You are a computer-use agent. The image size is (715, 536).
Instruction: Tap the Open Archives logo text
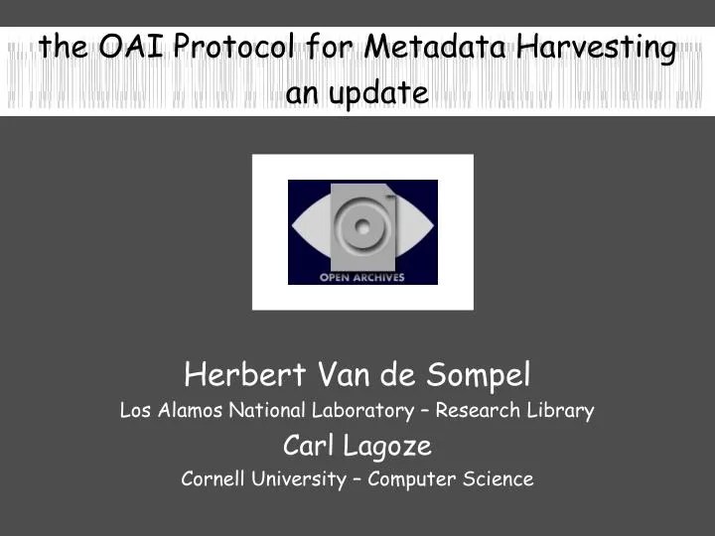[x=361, y=277]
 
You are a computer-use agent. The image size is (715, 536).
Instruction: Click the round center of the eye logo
[x=359, y=227]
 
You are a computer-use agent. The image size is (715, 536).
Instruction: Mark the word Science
[x=500, y=479]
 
